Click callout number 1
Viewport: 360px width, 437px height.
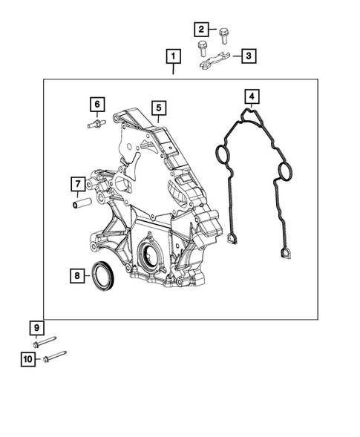[x=173, y=56]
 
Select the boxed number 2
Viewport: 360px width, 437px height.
[x=201, y=30]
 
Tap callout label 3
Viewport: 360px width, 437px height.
[x=247, y=56]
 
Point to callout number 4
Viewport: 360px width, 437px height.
[x=252, y=96]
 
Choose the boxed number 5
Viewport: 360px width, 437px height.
[x=158, y=108]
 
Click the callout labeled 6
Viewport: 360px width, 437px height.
[x=96, y=104]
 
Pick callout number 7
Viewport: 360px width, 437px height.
[x=76, y=183]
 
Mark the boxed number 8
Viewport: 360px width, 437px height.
[x=76, y=276]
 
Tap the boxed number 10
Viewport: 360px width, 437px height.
[x=27, y=360]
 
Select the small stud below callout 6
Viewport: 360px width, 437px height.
[x=96, y=125]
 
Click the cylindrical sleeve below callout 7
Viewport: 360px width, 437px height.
[x=81, y=202]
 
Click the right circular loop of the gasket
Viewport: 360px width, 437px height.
[x=282, y=176]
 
